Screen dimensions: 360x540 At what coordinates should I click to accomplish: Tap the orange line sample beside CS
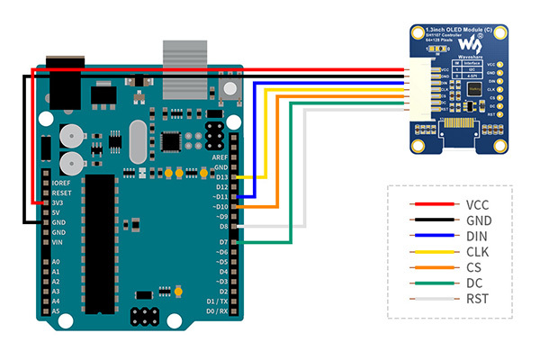[x=429, y=267]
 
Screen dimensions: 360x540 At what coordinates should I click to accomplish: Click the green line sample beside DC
[x=429, y=283]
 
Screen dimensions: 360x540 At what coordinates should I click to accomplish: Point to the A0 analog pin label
[x=56, y=262]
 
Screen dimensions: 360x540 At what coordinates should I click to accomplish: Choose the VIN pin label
[x=57, y=242]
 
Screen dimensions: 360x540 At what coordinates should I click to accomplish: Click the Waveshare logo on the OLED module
[x=469, y=44]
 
